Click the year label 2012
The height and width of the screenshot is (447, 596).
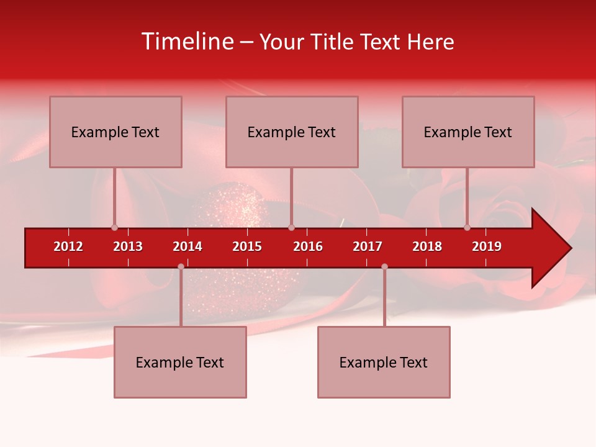click(68, 246)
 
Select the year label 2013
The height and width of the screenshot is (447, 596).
click(128, 246)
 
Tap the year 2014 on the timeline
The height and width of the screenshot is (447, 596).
click(187, 246)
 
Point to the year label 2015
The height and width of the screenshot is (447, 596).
click(247, 246)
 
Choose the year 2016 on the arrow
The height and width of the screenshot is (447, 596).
click(308, 246)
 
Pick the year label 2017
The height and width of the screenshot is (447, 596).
click(368, 246)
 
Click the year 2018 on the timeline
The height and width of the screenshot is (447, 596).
click(427, 246)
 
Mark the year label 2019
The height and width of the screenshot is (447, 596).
click(487, 246)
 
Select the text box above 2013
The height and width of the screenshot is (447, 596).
click(115, 132)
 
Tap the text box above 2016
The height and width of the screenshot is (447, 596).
click(292, 132)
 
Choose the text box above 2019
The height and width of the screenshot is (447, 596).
click(468, 132)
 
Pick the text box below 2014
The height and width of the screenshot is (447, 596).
click(180, 362)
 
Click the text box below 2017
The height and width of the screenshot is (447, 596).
click(384, 362)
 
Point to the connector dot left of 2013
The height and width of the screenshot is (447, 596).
click(115, 227)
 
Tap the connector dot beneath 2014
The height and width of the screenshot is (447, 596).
click(181, 266)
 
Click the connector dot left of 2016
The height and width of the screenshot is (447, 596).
click(291, 227)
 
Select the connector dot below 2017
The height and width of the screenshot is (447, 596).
click(384, 266)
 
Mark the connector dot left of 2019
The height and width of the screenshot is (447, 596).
click(467, 227)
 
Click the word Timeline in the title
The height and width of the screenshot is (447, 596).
click(187, 42)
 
